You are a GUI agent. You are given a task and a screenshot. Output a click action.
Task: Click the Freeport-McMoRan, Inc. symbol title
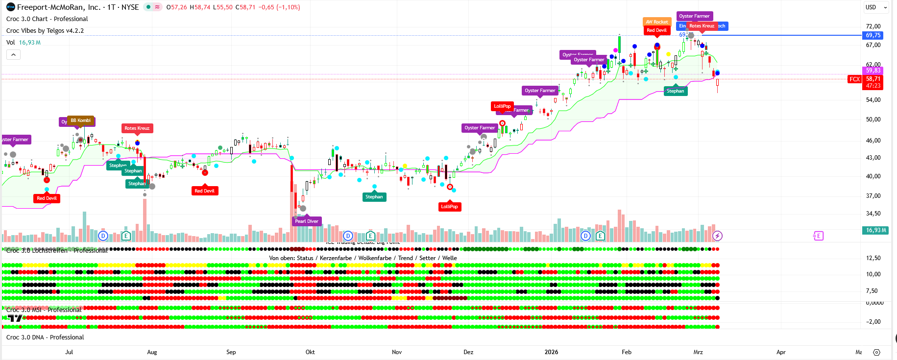pyautogui.click(x=59, y=7)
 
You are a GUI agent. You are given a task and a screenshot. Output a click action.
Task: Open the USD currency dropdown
pyautogui.click(x=876, y=7)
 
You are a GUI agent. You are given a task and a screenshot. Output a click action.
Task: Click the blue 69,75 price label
pyautogui.click(x=873, y=35)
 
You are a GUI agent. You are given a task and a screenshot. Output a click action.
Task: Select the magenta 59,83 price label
pyautogui.click(x=873, y=71)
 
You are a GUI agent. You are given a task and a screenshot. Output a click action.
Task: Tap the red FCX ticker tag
pyautogui.click(x=854, y=79)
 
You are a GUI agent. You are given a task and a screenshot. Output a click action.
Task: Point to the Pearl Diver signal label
pyautogui.click(x=307, y=221)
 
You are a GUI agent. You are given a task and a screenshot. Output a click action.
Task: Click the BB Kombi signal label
pyautogui.click(x=81, y=120)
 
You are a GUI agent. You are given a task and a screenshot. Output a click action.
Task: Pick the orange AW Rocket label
pyautogui.click(x=656, y=22)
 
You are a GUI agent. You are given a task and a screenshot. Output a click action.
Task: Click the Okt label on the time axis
pyautogui.click(x=310, y=352)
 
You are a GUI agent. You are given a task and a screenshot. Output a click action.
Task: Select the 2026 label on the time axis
pyautogui.click(x=551, y=352)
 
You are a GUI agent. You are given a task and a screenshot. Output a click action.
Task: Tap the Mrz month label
pyautogui.click(x=698, y=352)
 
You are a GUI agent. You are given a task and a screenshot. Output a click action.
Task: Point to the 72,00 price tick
pyautogui.click(x=873, y=26)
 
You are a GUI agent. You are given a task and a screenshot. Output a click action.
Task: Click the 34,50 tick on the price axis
pyautogui.click(x=873, y=214)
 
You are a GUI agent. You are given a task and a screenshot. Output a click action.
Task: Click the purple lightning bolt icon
pyautogui.click(x=717, y=236)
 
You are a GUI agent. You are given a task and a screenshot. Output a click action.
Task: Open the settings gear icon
pyautogui.click(x=877, y=352)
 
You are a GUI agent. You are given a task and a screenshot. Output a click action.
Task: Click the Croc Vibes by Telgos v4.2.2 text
pyautogui.click(x=45, y=30)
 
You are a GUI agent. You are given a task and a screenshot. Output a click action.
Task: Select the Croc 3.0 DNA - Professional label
pyautogui.click(x=45, y=337)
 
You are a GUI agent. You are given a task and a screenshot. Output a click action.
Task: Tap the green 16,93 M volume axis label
pyautogui.click(x=876, y=230)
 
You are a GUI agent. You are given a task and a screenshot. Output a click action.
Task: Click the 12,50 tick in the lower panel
pyautogui.click(x=873, y=258)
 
